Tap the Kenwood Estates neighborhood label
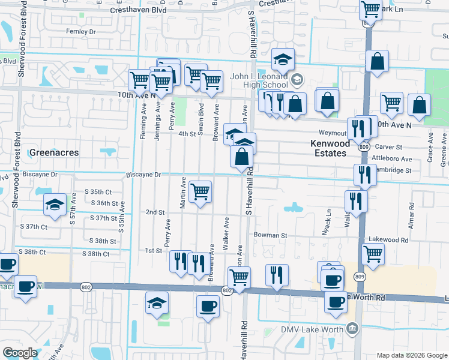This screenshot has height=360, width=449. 328,149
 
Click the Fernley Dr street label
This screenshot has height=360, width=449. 81,31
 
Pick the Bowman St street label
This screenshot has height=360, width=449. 269,235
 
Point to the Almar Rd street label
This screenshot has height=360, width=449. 411,213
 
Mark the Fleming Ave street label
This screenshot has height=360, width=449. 143,123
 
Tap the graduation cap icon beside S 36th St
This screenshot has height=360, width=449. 55,205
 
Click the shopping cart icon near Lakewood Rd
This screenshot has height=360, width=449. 373,254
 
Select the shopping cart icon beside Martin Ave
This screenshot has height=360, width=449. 200,192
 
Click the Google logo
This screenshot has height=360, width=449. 20,353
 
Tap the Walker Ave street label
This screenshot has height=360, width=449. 226,235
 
